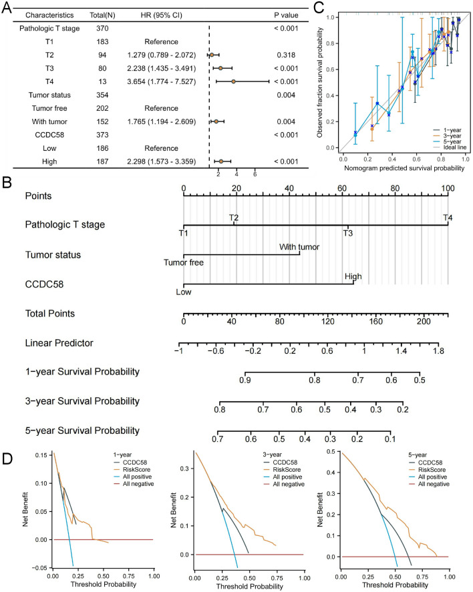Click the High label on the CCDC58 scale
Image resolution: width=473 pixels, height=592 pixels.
(353, 276)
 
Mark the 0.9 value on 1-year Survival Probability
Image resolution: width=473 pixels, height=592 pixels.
(245, 379)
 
